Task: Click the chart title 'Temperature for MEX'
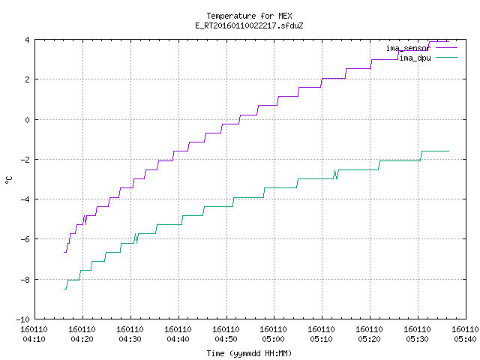[249, 16]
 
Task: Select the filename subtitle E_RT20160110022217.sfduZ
[249, 25]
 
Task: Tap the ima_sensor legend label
[408, 48]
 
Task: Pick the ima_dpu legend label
[415, 58]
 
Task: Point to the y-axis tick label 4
[28, 40]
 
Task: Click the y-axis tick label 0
[28, 120]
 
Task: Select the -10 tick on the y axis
[23, 319]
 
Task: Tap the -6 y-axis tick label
[25, 239]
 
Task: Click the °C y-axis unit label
[9, 180]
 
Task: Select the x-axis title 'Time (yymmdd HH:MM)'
[249, 353]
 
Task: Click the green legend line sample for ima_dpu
[446, 57]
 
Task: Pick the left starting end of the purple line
[64, 252]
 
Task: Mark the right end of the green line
[448, 151]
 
